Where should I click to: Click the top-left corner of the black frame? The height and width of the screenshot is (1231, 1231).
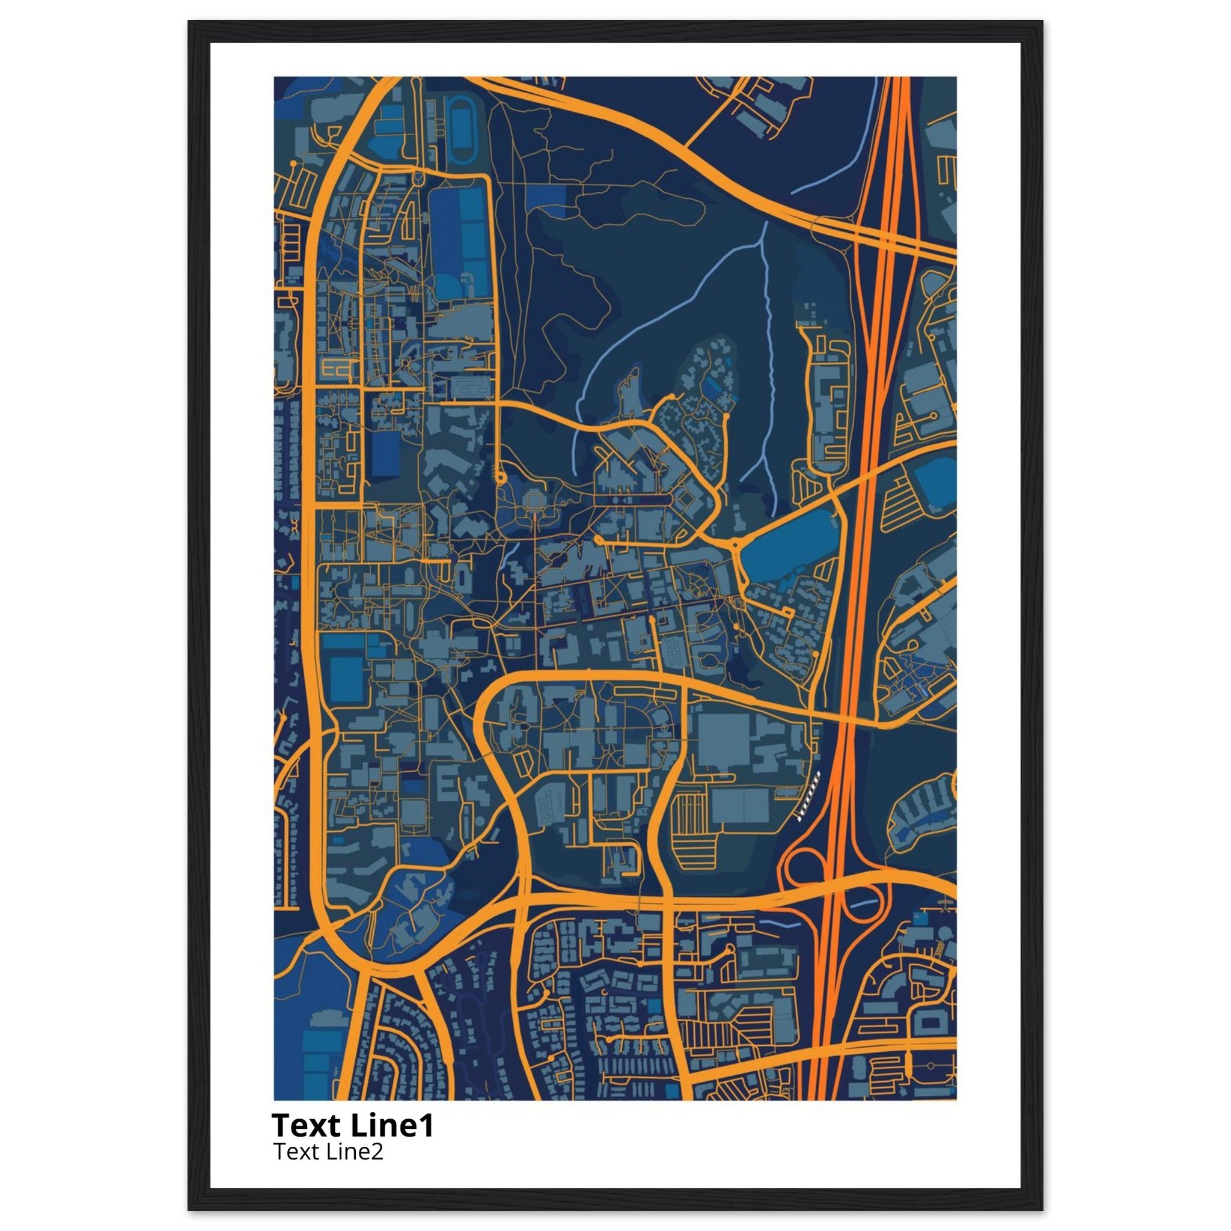tap(189, 22)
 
